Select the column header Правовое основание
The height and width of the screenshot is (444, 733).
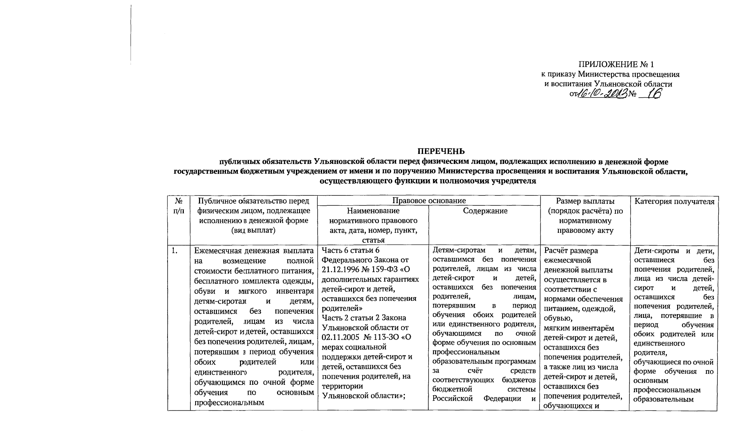[x=429, y=201]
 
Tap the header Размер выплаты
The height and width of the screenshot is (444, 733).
[x=585, y=201]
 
